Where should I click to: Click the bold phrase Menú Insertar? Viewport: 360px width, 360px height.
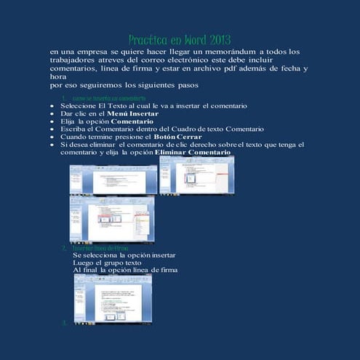click(133, 113)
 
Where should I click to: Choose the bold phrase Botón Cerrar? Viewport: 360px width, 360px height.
click(178, 137)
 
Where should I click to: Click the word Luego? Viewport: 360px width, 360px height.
click(85, 263)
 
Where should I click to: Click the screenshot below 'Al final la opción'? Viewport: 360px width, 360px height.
click(113, 297)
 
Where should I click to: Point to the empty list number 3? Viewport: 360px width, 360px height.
click(65, 321)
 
